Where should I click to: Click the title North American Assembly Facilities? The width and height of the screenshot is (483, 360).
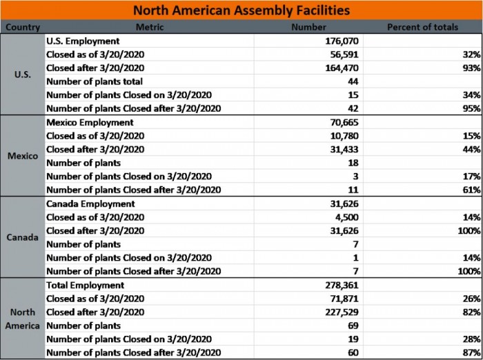(241, 10)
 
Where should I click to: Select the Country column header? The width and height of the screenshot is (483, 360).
(22, 28)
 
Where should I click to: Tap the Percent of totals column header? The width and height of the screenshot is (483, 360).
(422, 28)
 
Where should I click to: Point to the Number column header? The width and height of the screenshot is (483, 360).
(308, 28)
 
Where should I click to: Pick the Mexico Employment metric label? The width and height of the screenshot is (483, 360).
(90, 123)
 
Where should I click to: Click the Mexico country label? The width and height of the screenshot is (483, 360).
(22, 156)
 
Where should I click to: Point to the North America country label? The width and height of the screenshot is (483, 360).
(22, 319)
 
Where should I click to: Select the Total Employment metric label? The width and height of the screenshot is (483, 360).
(85, 286)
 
